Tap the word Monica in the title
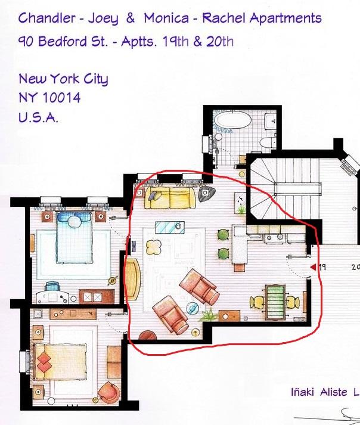tap(166, 18)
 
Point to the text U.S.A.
tap(38, 117)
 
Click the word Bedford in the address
tap(63, 41)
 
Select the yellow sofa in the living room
tap(170, 197)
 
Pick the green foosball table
tap(275, 302)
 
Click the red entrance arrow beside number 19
tap(314, 267)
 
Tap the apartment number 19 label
tap(322, 267)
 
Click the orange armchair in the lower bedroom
tap(108, 393)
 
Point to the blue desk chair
tap(52, 286)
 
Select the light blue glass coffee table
tap(170, 227)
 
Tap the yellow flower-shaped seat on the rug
tap(154, 247)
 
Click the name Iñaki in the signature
tap(303, 392)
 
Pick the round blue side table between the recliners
tap(193, 308)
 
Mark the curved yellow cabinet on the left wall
tap(133, 279)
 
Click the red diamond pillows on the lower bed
tap(44, 362)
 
